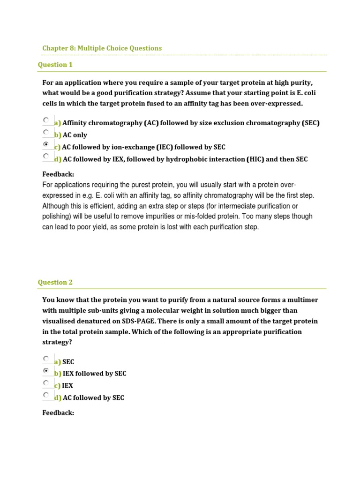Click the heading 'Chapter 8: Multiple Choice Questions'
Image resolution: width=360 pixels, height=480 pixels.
(x=102, y=48)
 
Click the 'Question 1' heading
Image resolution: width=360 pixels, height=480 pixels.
(x=55, y=65)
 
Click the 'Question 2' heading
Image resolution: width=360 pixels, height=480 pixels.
(x=55, y=282)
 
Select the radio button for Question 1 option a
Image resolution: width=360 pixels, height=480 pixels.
(x=46, y=120)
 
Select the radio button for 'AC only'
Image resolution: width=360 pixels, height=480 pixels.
(x=46, y=132)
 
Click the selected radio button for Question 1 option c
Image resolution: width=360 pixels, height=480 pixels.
(x=46, y=144)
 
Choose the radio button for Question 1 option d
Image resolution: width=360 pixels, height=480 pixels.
(x=46, y=156)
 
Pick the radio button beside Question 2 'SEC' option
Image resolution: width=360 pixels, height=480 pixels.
(x=46, y=359)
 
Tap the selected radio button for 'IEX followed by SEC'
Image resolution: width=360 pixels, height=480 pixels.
(x=46, y=371)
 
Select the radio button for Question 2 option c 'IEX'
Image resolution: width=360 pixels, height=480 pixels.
(x=46, y=383)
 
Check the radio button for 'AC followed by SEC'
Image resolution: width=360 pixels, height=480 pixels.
(x=46, y=395)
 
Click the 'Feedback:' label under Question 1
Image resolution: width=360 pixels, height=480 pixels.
(x=58, y=174)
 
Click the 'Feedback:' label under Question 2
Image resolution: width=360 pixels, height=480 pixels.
(x=58, y=413)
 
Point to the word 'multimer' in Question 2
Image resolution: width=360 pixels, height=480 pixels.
(x=301, y=300)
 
